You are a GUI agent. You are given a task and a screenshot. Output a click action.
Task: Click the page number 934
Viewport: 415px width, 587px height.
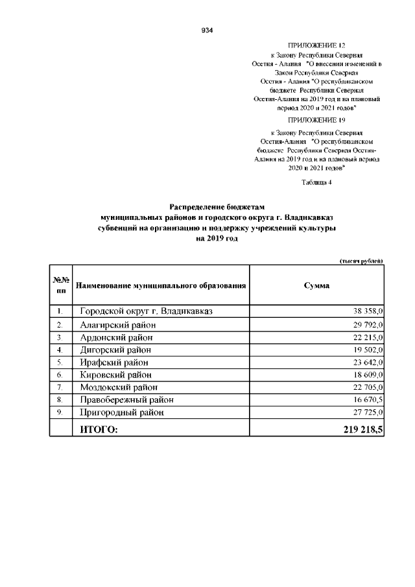(x=207, y=30)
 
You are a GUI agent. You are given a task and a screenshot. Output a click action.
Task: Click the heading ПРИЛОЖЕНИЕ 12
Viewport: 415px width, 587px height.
(x=316, y=47)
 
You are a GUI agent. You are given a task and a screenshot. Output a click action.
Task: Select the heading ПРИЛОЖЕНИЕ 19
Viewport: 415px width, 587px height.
(x=316, y=121)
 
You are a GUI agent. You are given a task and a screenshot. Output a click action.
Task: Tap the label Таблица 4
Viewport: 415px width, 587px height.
(x=316, y=182)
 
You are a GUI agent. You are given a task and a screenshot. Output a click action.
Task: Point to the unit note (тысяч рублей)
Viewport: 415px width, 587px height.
(x=361, y=260)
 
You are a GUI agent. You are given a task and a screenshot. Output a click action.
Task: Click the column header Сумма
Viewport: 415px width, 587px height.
(x=316, y=285)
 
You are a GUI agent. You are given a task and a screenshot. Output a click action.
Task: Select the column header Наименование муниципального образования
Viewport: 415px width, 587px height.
(x=161, y=285)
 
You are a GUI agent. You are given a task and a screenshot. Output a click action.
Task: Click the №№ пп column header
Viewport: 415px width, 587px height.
(x=60, y=285)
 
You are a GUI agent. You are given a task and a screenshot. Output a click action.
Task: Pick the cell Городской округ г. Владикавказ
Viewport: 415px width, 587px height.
(x=146, y=311)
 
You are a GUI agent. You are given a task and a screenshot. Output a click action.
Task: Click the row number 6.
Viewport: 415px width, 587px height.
(x=59, y=375)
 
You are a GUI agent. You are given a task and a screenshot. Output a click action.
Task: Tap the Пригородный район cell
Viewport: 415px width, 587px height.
(x=122, y=413)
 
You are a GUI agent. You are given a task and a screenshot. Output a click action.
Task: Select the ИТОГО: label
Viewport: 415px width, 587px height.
(x=99, y=429)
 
